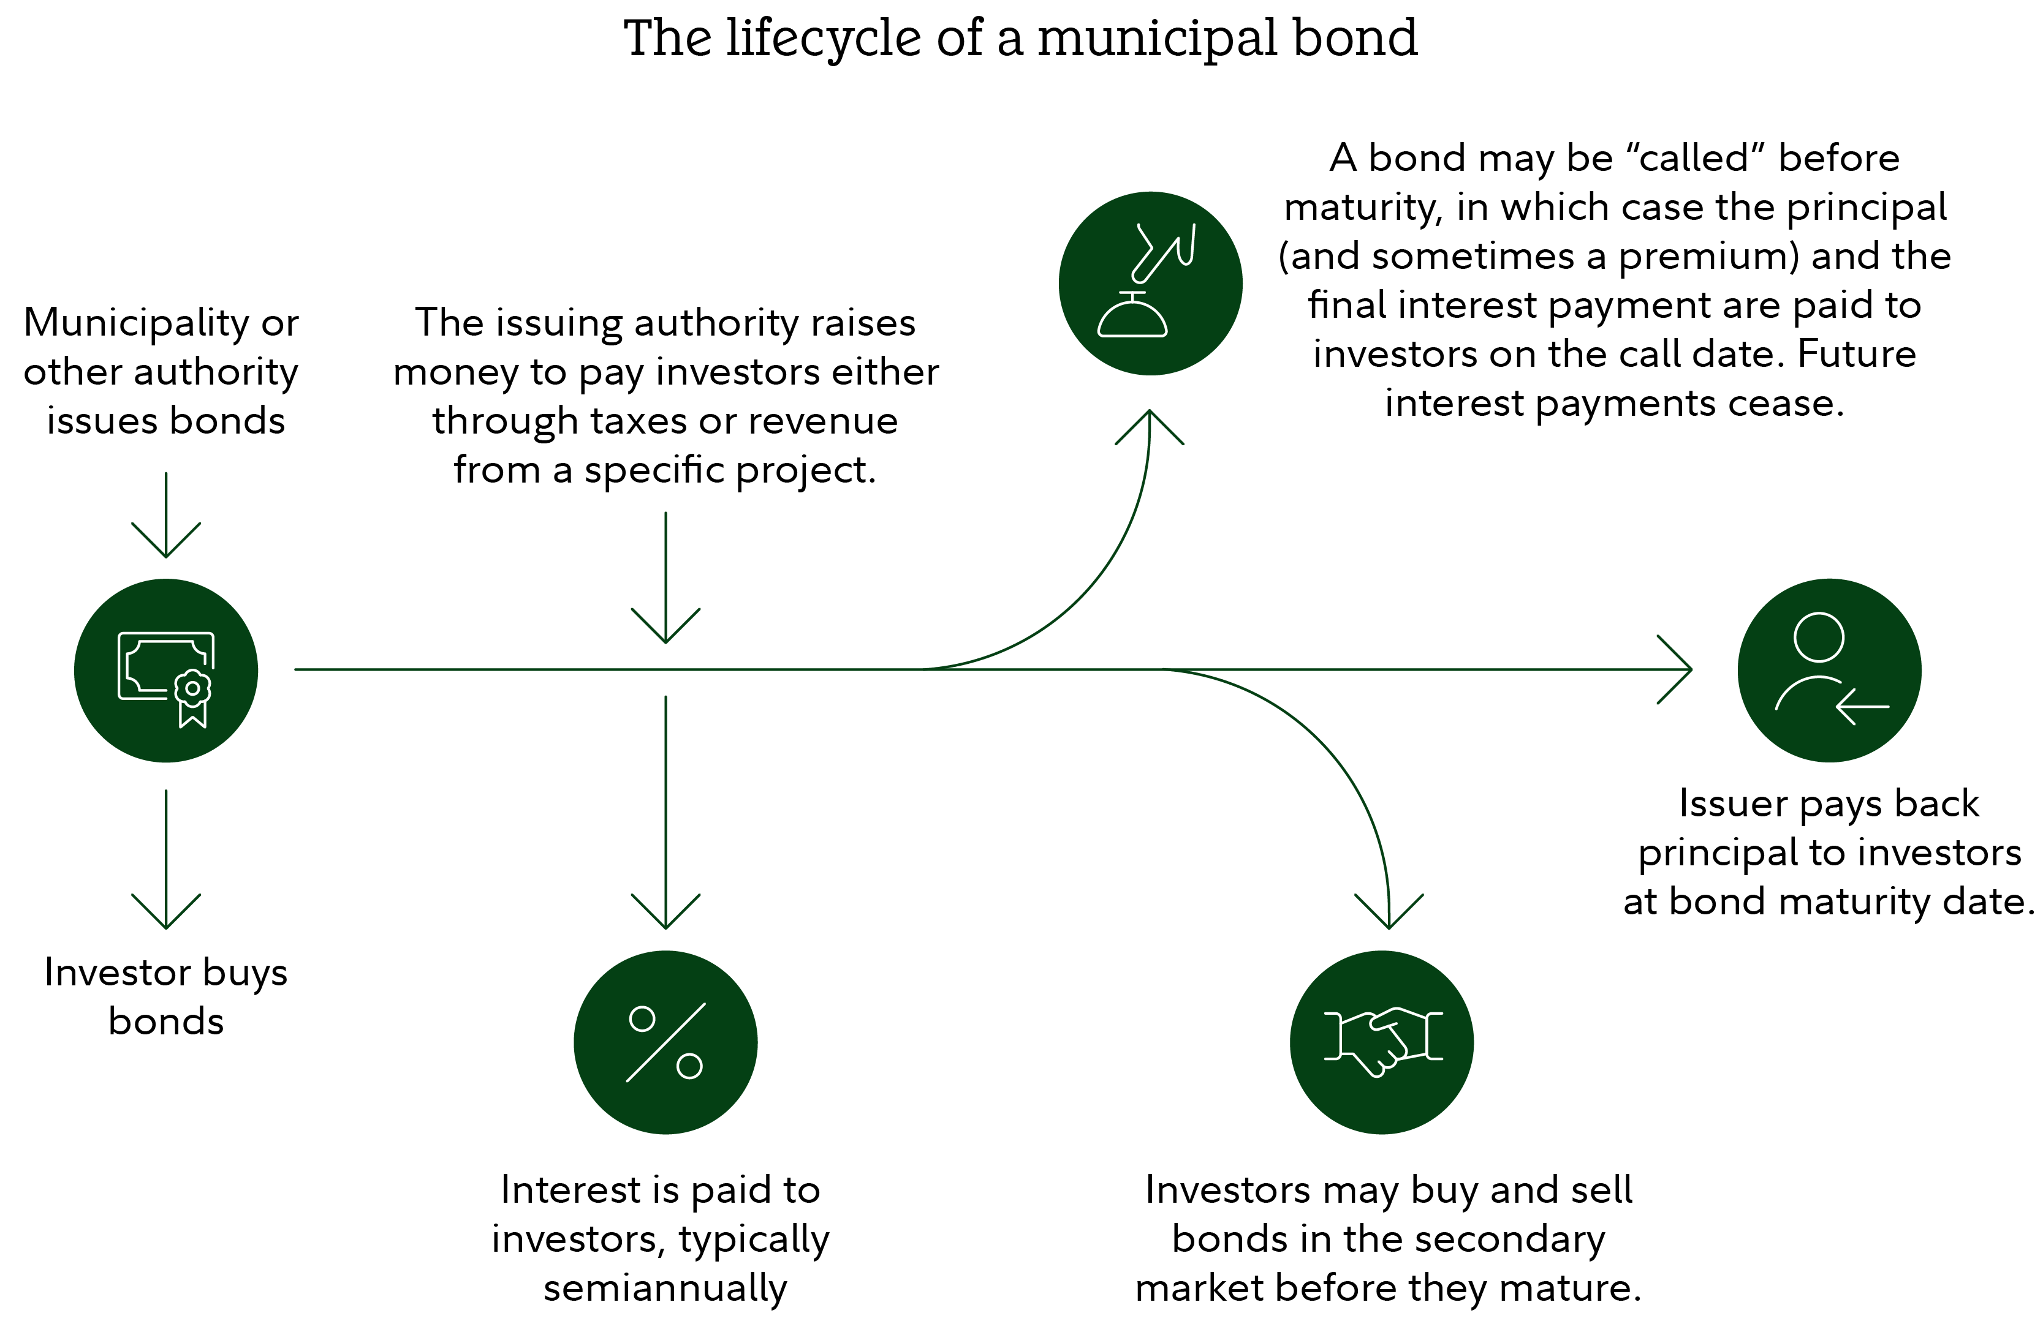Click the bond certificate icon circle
click(x=165, y=670)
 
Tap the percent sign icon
click(x=665, y=1042)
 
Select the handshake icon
click(x=1381, y=1042)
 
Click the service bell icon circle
click(x=1150, y=283)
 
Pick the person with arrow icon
click(x=1829, y=670)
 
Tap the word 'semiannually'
click(x=665, y=1288)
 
